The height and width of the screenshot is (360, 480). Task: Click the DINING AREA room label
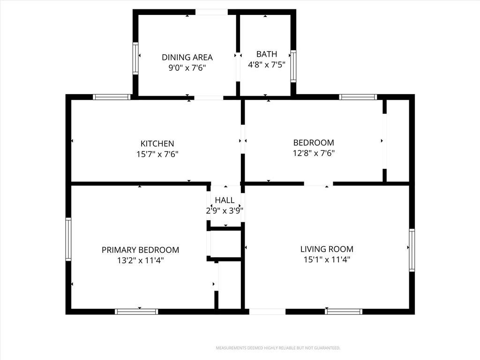pyautogui.click(x=187, y=57)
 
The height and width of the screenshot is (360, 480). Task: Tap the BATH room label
pyautogui.click(x=267, y=54)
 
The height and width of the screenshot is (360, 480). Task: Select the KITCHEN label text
pyautogui.click(x=157, y=143)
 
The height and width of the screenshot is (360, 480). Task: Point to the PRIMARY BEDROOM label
pyautogui.click(x=140, y=250)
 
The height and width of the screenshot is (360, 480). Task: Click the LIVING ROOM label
pyautogui.click(x=327, y=249)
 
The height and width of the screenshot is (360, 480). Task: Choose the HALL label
pyautogui.click(x=225, y=200)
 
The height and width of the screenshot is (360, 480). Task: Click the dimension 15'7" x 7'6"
pyautogui.click(x=157, y=154)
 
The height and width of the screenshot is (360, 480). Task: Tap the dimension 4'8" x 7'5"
pyautogui.click(x=267, y=65)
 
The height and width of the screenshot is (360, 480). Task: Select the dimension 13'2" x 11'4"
pyautogui.click(x=140, y=261)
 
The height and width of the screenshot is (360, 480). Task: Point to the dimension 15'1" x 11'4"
pyautogui.click(x=327, y=260)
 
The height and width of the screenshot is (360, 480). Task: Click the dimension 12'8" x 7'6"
pyautogui.click(x=314, y=153)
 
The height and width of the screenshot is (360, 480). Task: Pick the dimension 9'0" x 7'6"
pyautogui.click(x=187, y=67)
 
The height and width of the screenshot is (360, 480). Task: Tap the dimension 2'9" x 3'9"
pyautogui.click(x=225, y=210)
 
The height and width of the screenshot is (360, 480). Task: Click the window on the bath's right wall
pyautogui.click(x=293, y=66)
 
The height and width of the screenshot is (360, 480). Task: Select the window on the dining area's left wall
pyautogui.click(x=135, y=59)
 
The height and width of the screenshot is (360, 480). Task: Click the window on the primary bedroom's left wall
pyautogui.click(x=68, y=239)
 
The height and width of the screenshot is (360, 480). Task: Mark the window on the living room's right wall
pyautogui.click(x=412, y=250)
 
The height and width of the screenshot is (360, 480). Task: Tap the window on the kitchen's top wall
pyautogui.click(x=112, y=97)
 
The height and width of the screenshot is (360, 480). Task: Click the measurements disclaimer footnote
pyautogui.click(x=278, y=348)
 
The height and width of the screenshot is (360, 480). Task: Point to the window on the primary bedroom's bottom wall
pyautogui.click(x=136, y=312)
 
